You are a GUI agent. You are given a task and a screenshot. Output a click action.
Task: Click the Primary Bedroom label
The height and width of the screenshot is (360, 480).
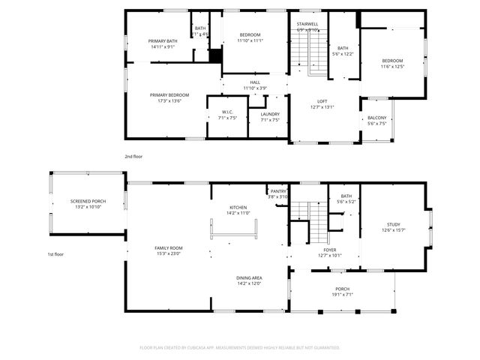click(169, 95)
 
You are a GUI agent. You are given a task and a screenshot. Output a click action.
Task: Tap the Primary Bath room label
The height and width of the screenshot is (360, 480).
click(162, 41)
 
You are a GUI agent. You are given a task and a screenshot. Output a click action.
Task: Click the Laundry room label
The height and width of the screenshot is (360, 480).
click(269, 112)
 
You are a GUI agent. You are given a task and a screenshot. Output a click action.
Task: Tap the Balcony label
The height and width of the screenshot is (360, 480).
click(376, 118)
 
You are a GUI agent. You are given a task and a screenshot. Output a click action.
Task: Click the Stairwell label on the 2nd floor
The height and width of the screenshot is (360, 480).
click(307, 25)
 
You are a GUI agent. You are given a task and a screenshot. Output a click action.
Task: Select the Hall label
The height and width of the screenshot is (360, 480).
click(255, 82)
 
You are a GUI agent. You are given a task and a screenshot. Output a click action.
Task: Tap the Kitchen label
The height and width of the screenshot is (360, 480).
click(238, 208)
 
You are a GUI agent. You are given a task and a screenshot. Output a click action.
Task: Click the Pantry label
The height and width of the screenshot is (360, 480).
click(278, 191)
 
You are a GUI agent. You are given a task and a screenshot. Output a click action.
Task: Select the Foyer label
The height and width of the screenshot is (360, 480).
click(330, 249)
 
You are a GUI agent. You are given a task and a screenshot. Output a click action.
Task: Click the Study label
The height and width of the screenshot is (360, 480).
click(394, 224)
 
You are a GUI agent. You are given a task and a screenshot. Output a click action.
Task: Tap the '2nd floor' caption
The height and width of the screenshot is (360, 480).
click(133, 156)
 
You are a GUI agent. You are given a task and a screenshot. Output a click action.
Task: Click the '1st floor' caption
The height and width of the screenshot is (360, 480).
click(55, 254)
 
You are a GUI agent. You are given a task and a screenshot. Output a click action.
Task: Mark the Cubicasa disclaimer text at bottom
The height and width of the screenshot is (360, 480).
click(240, 348)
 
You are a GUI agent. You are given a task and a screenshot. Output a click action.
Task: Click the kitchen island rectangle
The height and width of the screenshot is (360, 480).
click(234, 230)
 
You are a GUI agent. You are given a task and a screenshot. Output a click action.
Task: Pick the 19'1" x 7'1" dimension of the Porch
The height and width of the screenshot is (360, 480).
click(342, 295)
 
